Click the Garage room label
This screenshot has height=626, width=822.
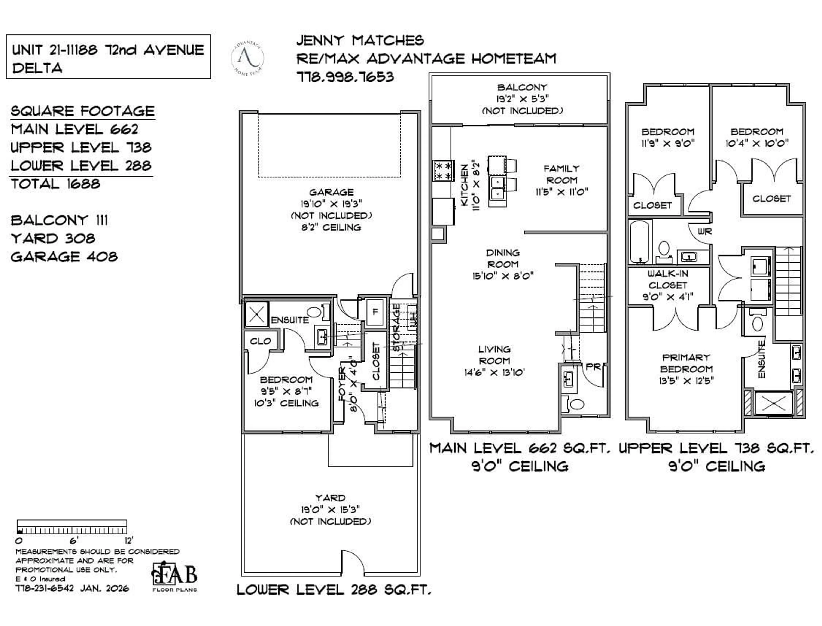pyautogui.click(x=331, y=192)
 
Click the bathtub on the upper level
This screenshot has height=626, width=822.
pyautogui.click(x=640, y=242)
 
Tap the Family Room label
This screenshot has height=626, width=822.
pyautogui.click(x=562, y=174)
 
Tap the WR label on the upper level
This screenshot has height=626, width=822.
pyautogui.click(x=704, y=232)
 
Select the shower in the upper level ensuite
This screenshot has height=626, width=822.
pyautogui.click(x=774, y=403)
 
